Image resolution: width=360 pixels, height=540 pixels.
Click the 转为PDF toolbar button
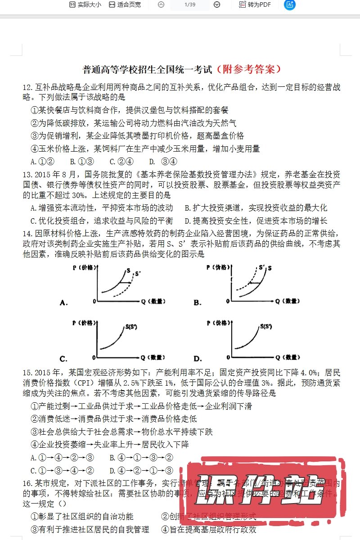(255, 4)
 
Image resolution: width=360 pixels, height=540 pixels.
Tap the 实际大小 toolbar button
(85, 4)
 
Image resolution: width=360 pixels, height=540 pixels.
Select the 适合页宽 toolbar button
(125, 4)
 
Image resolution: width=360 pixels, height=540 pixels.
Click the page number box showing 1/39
(189, 4)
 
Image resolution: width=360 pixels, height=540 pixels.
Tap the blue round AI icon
(290, 4)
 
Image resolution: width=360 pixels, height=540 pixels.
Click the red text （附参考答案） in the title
(248, 69)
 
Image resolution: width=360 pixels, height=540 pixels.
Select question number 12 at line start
(28, 87)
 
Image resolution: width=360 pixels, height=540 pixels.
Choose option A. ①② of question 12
(42, 162)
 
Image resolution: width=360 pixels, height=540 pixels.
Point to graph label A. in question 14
(63, 302)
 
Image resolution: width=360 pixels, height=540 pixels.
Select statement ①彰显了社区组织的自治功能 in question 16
(82, 517)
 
